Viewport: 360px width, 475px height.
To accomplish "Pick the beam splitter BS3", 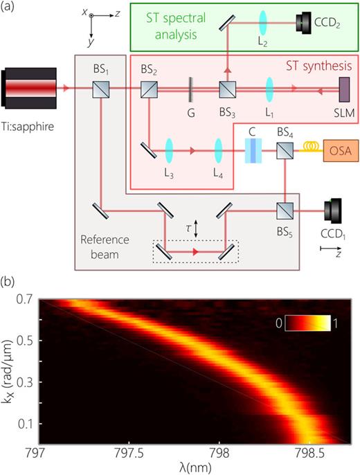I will (227, 89).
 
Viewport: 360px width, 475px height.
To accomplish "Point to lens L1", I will (268, 89).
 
